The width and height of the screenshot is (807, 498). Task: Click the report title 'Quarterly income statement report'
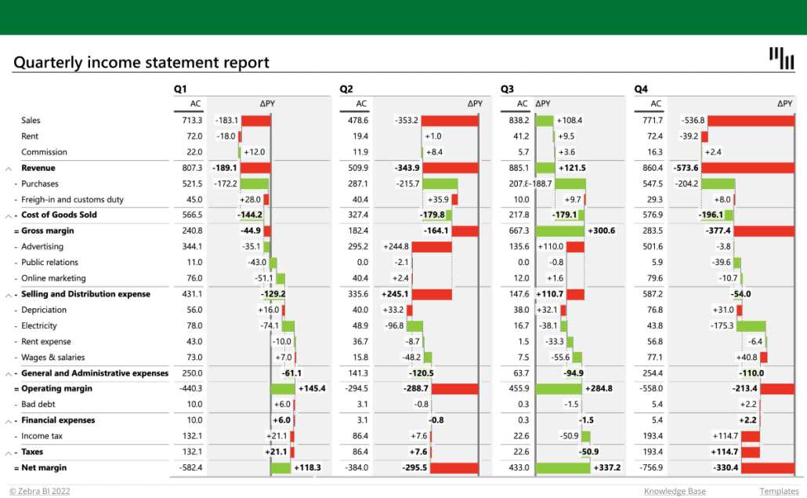(x=141, y=63)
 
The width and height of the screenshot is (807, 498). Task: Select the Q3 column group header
(x=507, y=89)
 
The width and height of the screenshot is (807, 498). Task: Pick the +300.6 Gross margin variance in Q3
(x=601, y=231)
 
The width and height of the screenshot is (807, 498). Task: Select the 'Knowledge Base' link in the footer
(x=675, y=492)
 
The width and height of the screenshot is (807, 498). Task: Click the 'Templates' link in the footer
(x=779, y=492)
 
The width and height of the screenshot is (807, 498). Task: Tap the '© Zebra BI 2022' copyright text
(x=40, y=492)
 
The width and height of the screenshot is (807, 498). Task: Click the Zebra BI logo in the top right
(x=781, y=57)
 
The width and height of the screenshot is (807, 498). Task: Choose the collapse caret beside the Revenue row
(x=9, y=169)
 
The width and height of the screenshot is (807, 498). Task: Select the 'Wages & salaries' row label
(x=54, y=358)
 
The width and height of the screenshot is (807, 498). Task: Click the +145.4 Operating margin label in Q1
(x=311, y=389)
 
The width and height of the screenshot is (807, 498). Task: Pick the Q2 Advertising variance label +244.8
(x=395, y=247)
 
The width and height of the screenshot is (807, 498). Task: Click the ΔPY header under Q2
(x=475, y=104)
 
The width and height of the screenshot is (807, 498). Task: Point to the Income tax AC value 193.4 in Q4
(x=652, y=436)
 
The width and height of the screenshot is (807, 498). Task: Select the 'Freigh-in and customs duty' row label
(x=72, y=200)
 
